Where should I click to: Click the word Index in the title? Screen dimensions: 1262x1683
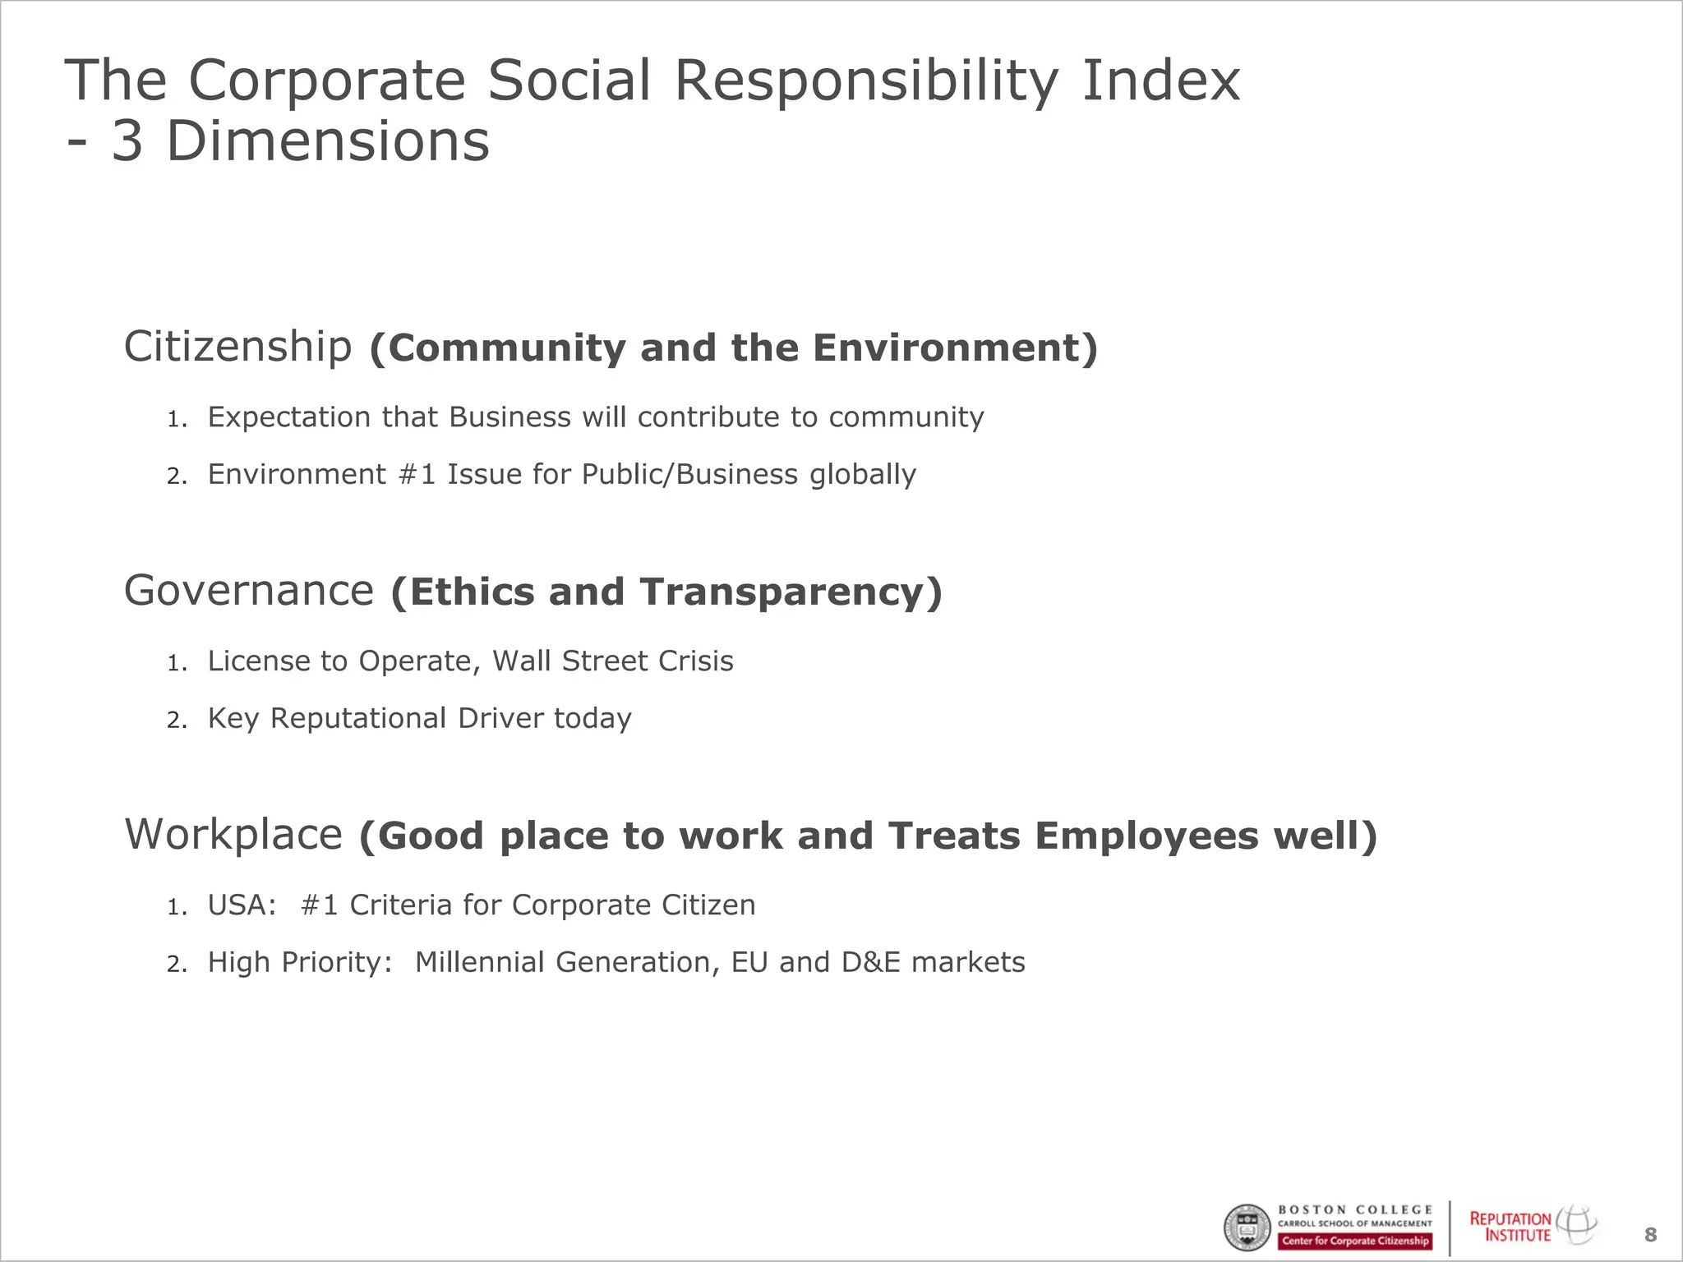(x=1160, y=81)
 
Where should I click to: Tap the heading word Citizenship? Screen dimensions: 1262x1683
(x=237, y=347)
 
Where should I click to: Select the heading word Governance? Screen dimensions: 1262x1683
(x=249, y=591)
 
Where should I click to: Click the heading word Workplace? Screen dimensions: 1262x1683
(x=233, y=835)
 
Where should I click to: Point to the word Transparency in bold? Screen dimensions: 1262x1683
(x=790, y=592)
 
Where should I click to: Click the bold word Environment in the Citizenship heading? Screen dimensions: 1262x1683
(x=954, y=348)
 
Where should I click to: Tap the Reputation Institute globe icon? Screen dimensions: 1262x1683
(x=1577, y=1224)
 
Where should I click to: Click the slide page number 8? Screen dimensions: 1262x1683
(x=1650, y=1234)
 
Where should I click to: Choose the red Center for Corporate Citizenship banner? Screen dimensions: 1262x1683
(x=1355, y=1241)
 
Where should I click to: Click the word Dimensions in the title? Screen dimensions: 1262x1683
(x=327, y=141)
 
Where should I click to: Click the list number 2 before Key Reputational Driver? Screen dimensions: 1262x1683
(x=177, y=721)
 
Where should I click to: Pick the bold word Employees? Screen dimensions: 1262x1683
(x=1146, y=836)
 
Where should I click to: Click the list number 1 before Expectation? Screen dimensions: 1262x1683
(x=177, y=420)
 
